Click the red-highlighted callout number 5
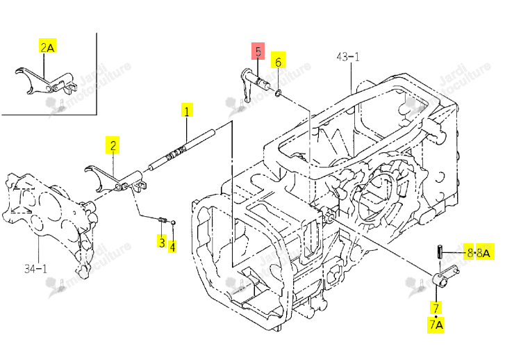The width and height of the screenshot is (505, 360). (x=258, y=51)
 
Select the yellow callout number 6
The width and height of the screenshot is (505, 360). (x=279, y=60)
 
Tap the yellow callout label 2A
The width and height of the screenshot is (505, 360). (x=47, y=46)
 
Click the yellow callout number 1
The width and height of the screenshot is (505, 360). (x=187, y=111)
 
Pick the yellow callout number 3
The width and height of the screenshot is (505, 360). (x=162, y=240)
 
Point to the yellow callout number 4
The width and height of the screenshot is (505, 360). (x=172, y=246)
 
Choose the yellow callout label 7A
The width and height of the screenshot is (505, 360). (x=436, y=325)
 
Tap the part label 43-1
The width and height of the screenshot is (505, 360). (x=347, y=57)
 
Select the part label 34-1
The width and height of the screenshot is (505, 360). (x=35, y=268)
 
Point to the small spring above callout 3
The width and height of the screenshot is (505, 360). (x=163, y=220)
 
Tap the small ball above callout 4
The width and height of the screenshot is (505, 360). (x=173, y=222)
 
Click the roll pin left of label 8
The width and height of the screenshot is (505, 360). (x=439, y=252)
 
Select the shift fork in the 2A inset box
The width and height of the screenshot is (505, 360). (x=46, y=81)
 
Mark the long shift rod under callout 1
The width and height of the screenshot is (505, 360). (x=181, y=149)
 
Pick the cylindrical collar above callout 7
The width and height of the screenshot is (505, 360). (x=440, y=279)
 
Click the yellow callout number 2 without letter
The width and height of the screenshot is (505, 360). (x=113, y=145)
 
